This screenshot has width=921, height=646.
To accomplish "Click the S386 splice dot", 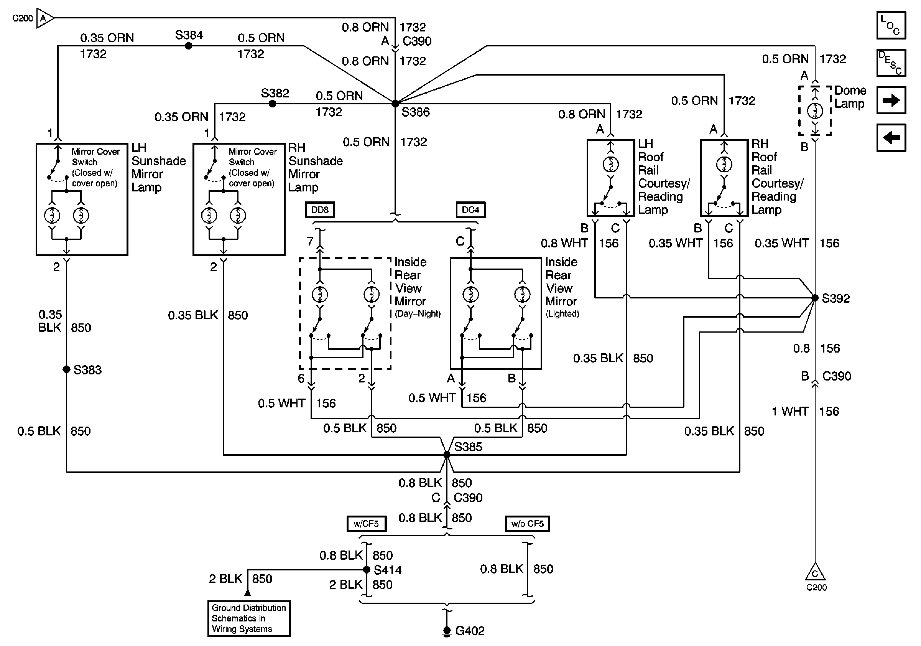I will coord(395,104).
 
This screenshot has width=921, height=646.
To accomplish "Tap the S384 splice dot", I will coord(189,46).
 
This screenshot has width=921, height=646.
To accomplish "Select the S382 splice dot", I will coord(272,104).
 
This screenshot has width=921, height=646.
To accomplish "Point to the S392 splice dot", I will coord(815,298).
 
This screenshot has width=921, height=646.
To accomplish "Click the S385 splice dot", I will coord(447,455).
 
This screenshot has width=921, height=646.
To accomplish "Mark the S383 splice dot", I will coord(67,369).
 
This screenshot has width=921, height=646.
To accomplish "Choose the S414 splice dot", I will coord(366,569).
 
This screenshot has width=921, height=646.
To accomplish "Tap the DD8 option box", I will coord(320,210).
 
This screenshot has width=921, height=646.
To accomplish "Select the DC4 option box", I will coord(470,210).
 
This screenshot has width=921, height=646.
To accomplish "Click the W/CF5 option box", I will coord(366,524).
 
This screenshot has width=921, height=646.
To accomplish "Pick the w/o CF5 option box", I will coord(527,524).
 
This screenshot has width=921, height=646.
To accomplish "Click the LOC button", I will coord(891,26).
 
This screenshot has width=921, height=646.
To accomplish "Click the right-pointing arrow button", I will coord(891,100).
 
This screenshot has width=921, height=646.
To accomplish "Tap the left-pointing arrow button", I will coord(891,138).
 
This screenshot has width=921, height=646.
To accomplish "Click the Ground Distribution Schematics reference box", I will coord(249,618).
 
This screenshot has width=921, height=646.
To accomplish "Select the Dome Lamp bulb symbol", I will coord(815,111).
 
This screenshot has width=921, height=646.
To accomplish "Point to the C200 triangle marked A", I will coord(44,18).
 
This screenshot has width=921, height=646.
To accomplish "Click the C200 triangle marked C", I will coord(815,573).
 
